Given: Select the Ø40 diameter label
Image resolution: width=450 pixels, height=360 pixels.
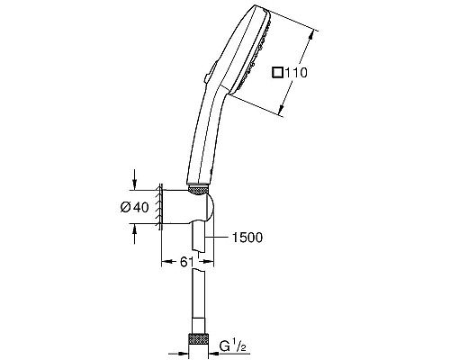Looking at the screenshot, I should [136, 208].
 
